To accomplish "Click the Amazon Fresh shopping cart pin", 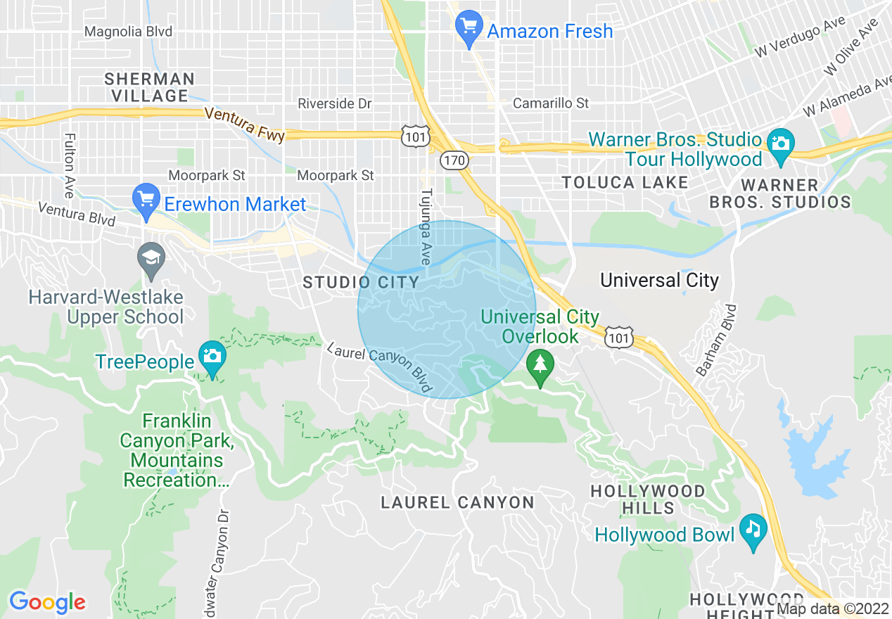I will (x=468, y=28).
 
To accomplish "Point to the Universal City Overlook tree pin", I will (x=540, y=366).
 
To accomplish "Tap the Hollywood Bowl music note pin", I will (x=753, y=531).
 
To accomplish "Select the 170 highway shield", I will (x=454, y=160).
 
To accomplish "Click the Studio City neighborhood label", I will (x=360, y=283).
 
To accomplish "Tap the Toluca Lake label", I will (x=625, y=183).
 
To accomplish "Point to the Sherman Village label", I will (x=149, y=87).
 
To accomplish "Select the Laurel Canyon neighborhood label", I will (x=457, y=502).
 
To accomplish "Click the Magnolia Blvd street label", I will (x=128, y=32).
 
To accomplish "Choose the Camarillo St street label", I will (x=551, y=103).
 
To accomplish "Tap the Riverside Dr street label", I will (x=334, y=103).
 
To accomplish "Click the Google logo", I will (x=47, y=602).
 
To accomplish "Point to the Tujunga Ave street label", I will (x=426, y=226).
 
